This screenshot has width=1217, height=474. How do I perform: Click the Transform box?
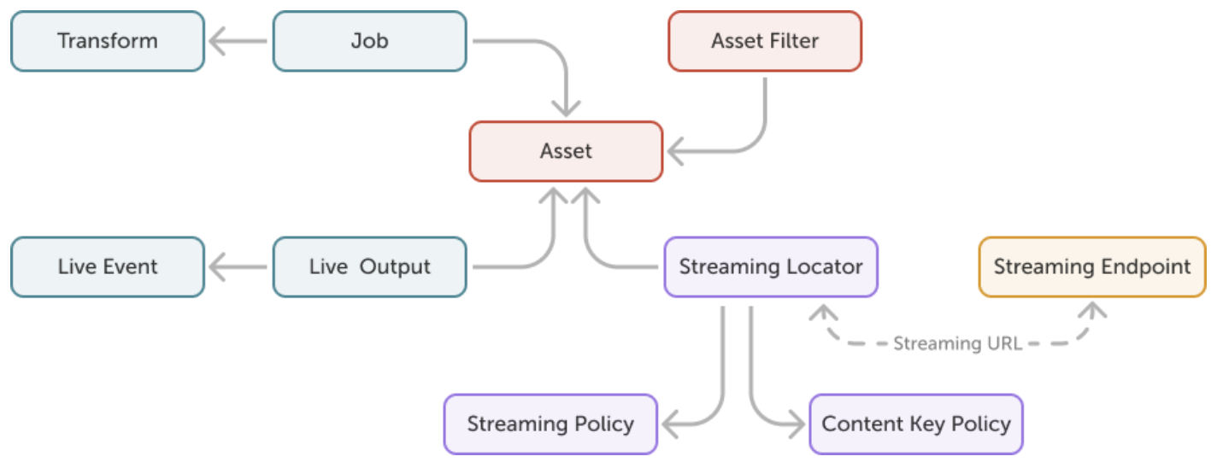pyautogui.click(x=108, y=41)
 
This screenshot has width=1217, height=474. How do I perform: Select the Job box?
pyautogui.click(x=369, y=41)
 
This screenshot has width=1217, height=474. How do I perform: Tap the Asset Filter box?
pyautogui.click(x=765, y=41)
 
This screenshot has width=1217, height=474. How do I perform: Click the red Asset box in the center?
pyautogui.click(x=566, y=151)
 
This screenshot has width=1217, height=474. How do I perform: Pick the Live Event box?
pyautogui.click(x=108, y=266)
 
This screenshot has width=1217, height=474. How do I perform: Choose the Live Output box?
pyautogui.click(x=369, y=266)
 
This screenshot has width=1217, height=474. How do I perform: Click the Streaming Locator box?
pyautogui.click(x=771, y=266)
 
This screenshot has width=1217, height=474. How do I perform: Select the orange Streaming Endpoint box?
pyautogui.click(x=1091, y=266)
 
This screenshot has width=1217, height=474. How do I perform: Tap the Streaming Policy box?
pyautogui.click(x=550, y=424)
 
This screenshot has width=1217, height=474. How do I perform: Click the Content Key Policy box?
pyautogui.click(x=915, y=424)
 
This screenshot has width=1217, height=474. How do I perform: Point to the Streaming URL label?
pyautogui.click(x=957, y=344)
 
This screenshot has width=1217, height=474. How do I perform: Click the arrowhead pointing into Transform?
pyautogui.click(x=218, y=41)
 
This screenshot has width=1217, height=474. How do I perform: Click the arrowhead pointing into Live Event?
pyautogui.click(x=218, y=267)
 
